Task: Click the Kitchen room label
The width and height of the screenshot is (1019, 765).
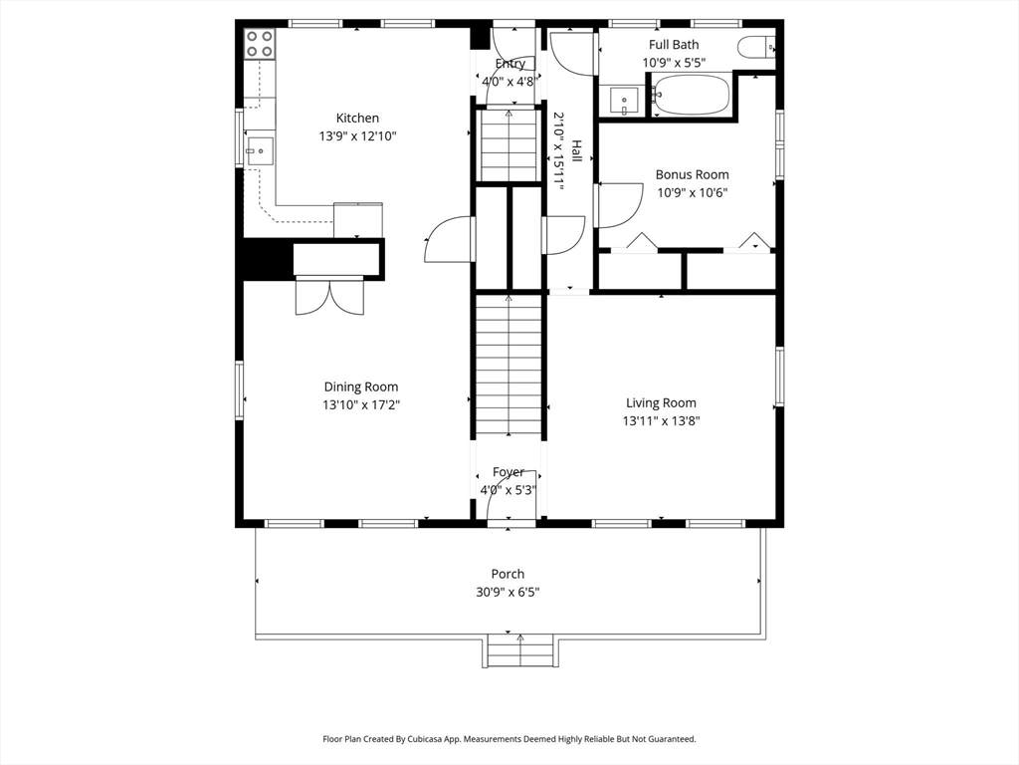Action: (x=357, y=119)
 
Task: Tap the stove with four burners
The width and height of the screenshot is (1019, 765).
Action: (x=260, y=44)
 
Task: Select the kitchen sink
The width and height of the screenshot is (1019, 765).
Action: (x=260, y=151)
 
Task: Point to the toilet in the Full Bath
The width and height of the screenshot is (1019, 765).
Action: (x=756, y=47)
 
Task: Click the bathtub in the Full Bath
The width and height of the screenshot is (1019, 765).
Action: (x=692, y=95)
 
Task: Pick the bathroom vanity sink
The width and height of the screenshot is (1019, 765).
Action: (x=624, y=101)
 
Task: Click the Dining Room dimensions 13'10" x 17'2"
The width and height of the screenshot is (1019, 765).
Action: (x=361, y=404)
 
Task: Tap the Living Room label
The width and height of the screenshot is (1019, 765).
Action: (x=661, y=402)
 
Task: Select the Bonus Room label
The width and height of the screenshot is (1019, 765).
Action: (x=693, y=174)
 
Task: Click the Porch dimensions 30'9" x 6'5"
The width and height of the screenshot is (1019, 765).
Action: (x=508, y=592)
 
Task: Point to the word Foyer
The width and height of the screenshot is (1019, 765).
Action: (x=509, y=471)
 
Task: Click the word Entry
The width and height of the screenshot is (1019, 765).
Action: (x=510, y=63)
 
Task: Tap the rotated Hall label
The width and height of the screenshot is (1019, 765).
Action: (x=576, y=151)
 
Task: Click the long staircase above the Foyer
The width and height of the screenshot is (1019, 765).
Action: (x=509, y=366)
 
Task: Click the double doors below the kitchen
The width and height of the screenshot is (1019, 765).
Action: (x=330, y=297)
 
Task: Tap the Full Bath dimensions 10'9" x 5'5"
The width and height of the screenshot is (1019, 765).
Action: (x=674, y=63)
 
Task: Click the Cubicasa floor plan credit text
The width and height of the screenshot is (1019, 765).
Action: (x=509, y=739)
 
